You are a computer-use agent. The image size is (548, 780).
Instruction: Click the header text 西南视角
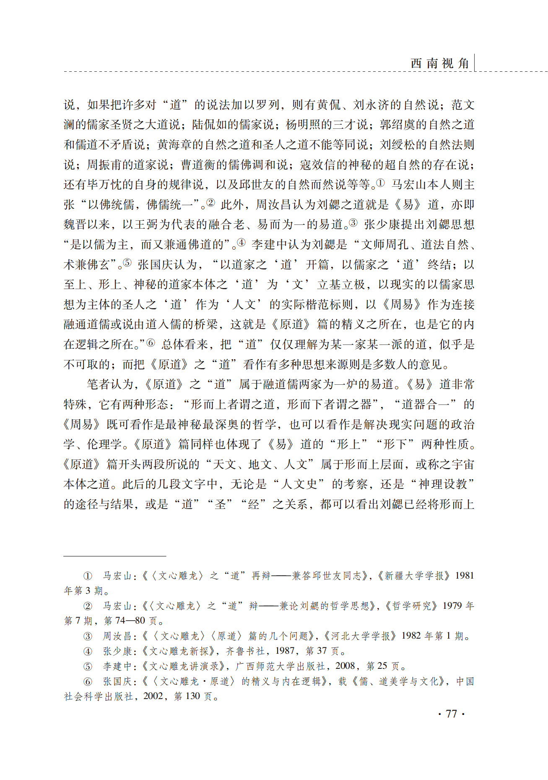click(440, 63)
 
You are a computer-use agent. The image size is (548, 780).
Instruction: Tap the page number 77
click(452, 714)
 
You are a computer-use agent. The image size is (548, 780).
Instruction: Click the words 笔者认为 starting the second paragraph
click(110, 384)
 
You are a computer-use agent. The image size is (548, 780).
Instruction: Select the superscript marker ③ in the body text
click(353, 222)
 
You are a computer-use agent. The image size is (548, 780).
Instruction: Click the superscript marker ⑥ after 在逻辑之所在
click(150, 343)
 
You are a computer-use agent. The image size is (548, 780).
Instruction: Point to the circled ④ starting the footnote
click(88, 651)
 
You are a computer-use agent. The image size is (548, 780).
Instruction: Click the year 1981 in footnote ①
click(465, 576)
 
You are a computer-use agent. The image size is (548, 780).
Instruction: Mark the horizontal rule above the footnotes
click(115, 556)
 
